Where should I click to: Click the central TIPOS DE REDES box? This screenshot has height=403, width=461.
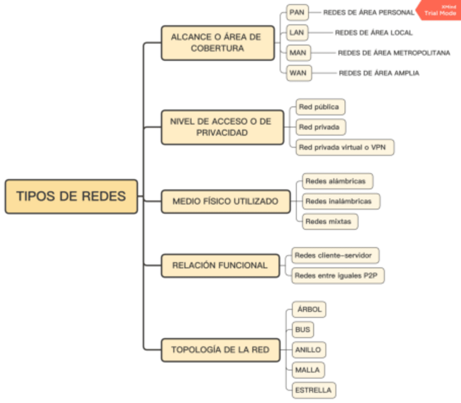click(71, 196)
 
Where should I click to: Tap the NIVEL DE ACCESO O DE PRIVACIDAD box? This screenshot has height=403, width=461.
click(222, 127)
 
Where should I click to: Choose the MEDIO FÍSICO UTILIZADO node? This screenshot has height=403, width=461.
click(225, 201)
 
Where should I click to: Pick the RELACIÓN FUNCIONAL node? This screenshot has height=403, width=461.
click(220, 266)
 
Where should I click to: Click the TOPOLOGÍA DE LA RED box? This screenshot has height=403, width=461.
click(220, 350)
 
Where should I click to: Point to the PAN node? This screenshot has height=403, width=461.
click(297, 11)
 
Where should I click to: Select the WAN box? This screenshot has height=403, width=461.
click(298, 73)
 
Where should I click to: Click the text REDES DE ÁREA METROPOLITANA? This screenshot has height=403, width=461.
click(394, 53)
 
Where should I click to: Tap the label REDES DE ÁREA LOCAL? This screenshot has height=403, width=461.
click(373, 33)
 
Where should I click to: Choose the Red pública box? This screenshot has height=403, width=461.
click(320, 107)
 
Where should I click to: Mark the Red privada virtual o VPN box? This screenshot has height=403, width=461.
click(345, 147)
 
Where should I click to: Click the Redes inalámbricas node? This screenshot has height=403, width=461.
click(340, 201)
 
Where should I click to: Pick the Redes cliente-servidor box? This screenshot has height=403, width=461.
click(335, 255)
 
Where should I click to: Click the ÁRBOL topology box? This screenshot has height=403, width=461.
click(309, 310)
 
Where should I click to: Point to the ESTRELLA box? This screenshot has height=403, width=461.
click(312, 390)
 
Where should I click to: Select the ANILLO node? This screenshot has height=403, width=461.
click(308, 350)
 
